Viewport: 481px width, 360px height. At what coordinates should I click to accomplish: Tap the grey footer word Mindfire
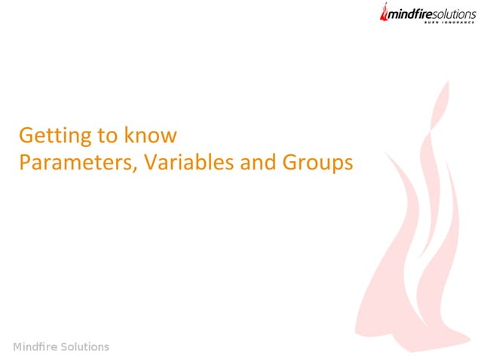tap(36, 347)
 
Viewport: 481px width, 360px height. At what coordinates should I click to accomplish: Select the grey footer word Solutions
tap(85, 347)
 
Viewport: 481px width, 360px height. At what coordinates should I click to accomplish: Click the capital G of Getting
tap(25, 136)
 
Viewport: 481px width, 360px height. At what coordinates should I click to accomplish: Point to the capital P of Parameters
tap(23, 162)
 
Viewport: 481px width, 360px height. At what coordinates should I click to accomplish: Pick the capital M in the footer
tap(17, 347)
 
